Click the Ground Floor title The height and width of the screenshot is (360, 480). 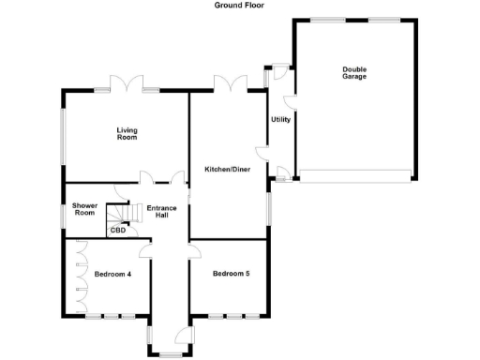tap(239, 5)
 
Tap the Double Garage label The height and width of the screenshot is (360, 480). tap(354, 72)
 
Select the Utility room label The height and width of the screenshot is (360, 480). tap(280, 119)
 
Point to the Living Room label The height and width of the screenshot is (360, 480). tap(127, 134)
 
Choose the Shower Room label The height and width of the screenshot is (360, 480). tap(84, 209)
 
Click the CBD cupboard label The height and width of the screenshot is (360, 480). tap(118, 229)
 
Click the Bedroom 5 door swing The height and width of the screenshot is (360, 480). tap(195, 249)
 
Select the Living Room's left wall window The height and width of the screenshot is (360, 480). tap(63, 137)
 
